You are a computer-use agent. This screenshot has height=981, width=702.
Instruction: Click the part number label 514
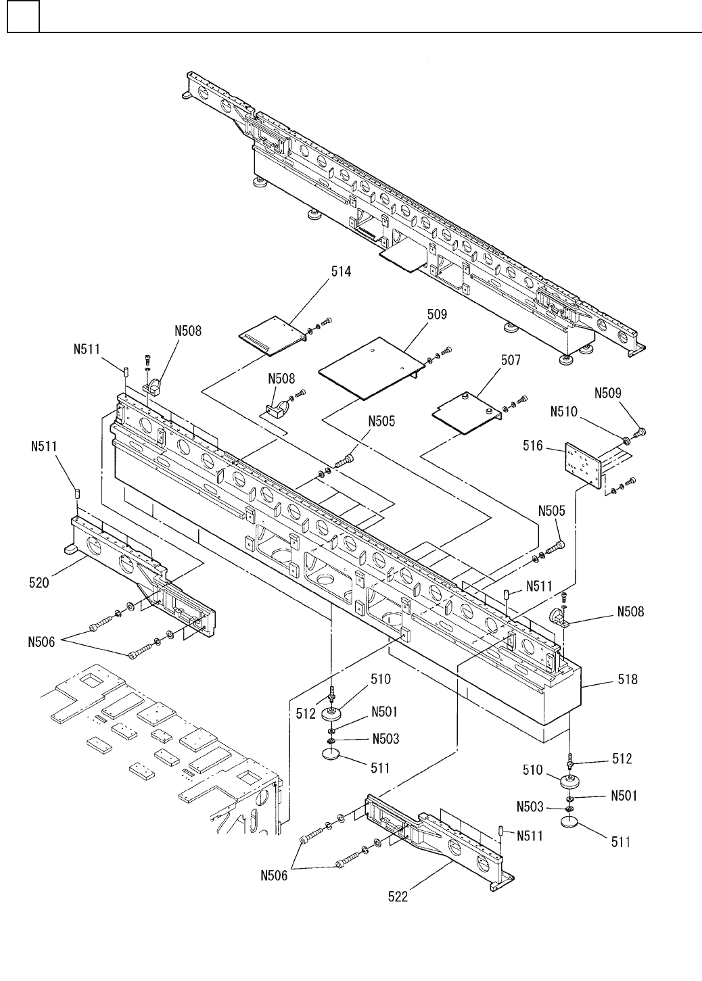[341, 272]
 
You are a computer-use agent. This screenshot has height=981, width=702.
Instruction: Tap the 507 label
[511, 360]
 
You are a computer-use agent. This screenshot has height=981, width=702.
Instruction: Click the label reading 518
[627, 679]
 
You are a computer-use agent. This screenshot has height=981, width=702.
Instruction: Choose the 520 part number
[39, 581]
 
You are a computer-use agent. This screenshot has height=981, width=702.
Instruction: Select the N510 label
[564, 410]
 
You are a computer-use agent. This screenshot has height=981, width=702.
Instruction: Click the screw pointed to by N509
[639, 431]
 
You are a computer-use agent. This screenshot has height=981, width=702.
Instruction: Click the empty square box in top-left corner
[23, 17]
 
